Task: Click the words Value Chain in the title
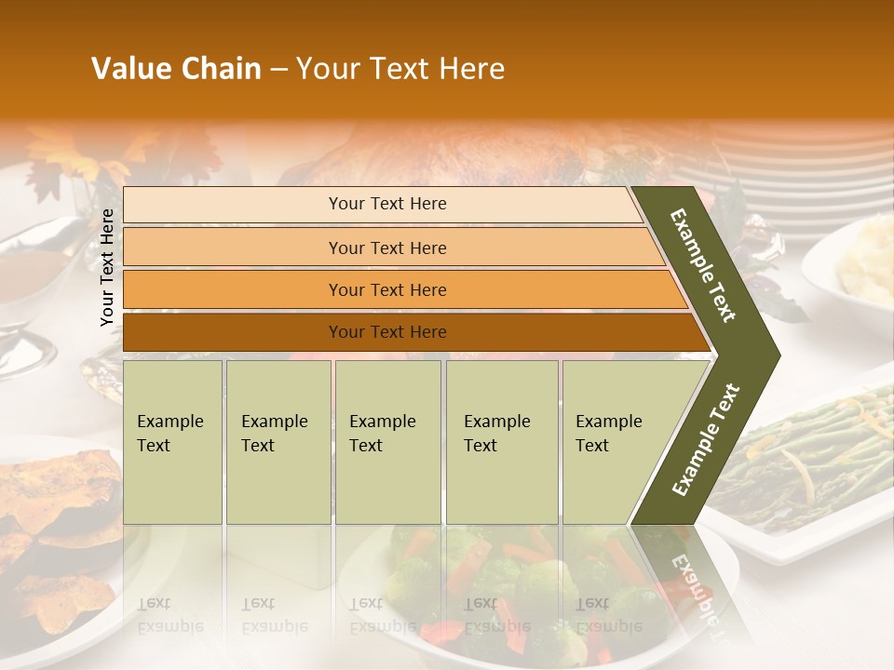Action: click(176, 69)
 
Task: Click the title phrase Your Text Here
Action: click(400, 69)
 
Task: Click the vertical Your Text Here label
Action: click(108, 267)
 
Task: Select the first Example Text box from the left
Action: click(172, 441)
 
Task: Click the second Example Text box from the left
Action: click(278, 441)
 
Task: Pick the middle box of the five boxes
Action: click(387, 441)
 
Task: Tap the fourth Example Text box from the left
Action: click(502, 441)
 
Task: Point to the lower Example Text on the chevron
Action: click(706, 439)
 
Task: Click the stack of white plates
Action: click(819, 167)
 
